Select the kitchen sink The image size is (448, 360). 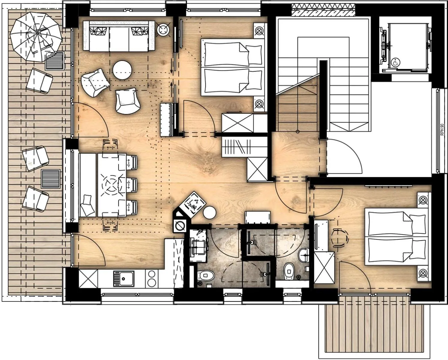[x=124, y=279]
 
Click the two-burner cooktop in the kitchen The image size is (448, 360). [x=152, y=279]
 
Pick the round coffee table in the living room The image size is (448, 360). [x=122, y=70]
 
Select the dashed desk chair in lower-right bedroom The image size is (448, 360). [x=340, y=237]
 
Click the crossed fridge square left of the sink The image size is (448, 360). [x=88, y=279]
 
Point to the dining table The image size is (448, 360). [x=108, y=185]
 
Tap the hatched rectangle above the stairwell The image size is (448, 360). [x=323, y=10]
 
